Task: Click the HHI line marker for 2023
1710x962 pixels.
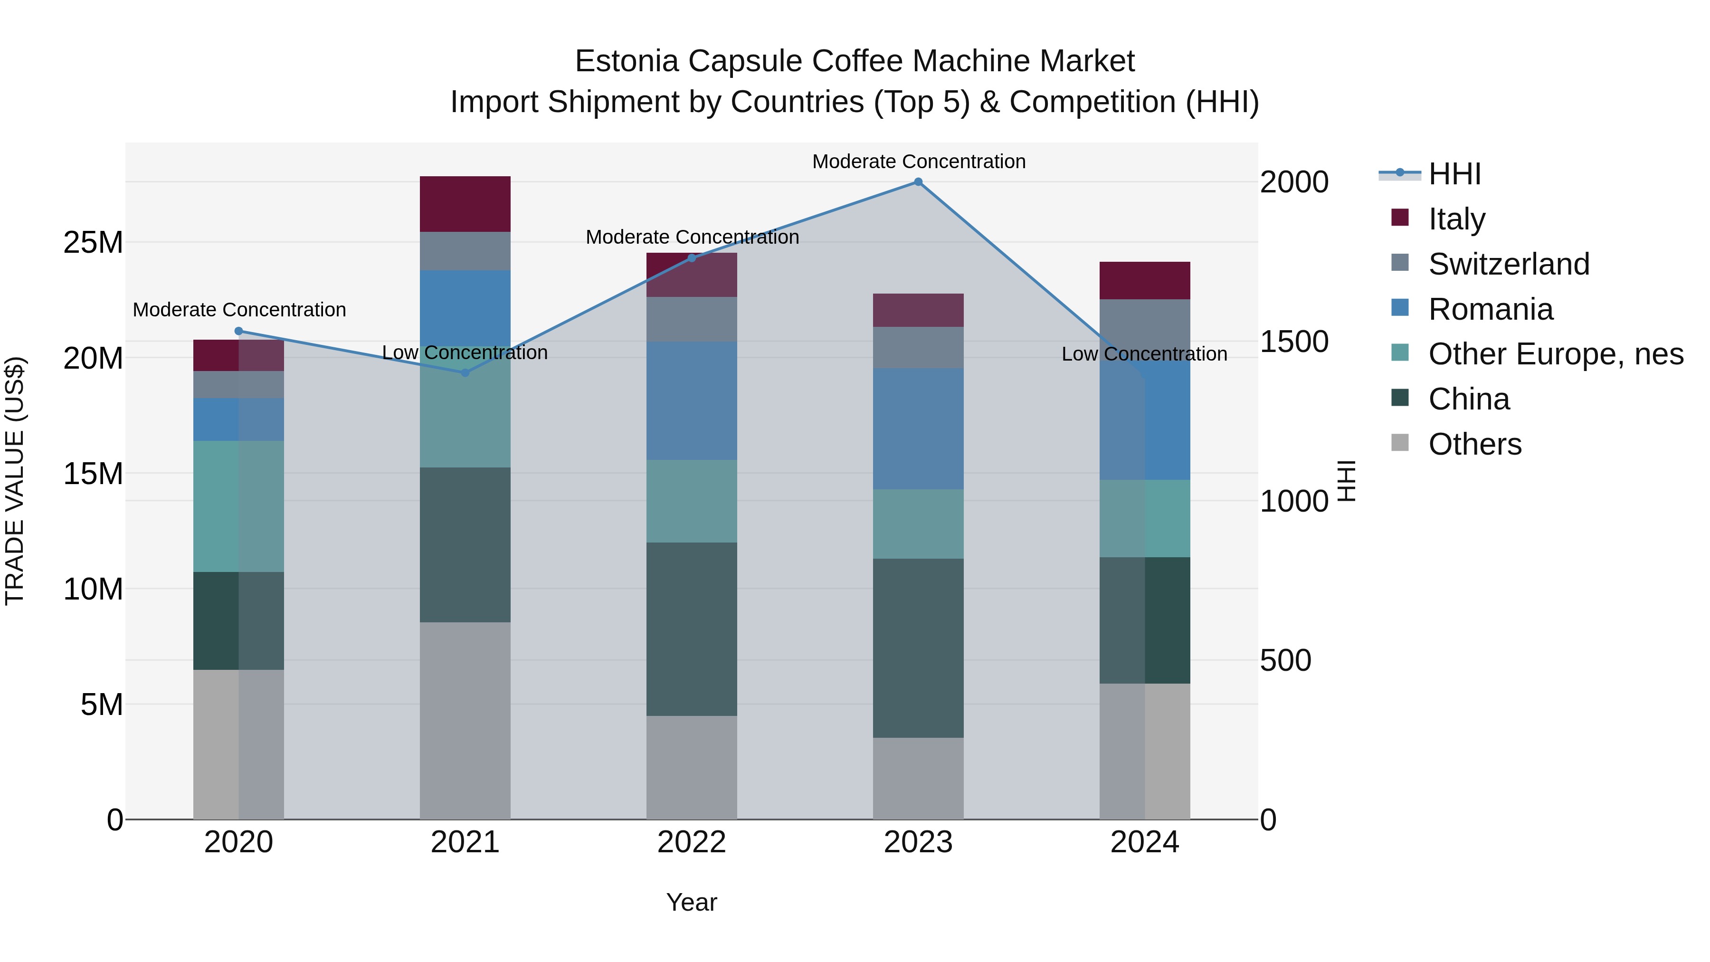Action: (x=918, y=182)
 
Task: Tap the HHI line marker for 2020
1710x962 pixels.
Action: (x=239, y=331)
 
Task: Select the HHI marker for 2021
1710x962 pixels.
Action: (x=465, y=372)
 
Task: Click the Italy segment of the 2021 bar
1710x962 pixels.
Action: (x=465, y=204)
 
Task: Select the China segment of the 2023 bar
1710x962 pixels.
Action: (x=918, y=648)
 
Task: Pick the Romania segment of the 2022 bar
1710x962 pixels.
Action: (x=692, y=400)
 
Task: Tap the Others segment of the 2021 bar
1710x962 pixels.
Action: (x=465, y=720)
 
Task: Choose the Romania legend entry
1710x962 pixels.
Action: (x=1490, y=309)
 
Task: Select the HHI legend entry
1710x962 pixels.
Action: (x=1454, y=174)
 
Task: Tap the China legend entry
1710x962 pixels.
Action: (x=1468, y=400)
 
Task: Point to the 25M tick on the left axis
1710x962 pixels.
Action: (x=93, y=243)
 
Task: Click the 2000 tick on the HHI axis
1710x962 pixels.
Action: (x=1294, y=182)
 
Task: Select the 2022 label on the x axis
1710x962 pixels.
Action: (x=692, y=842)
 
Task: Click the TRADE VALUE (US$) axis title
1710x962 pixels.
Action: (x=15, y=481)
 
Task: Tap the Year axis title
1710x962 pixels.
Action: (x=692, y=902)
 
